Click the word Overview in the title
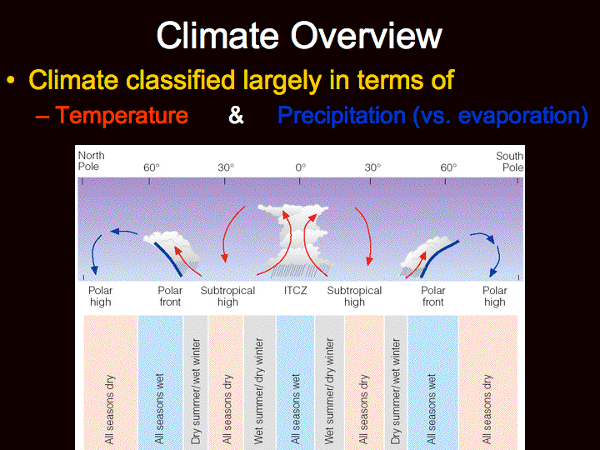click(x=366, y=36)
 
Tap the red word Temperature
click(x=122, y=115)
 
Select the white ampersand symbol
click(x=236, y=115)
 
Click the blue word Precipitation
click(x=342, y=115)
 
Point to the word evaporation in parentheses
click(x=517, y=115)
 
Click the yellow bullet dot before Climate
click(x=11, y=80)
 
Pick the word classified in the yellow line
click(x=181, y=80)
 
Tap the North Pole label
click(x=91, y=161)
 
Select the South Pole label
click(x=510, y=162)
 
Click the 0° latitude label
click(x=300, y=167)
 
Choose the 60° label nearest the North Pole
click(x=152, y=167)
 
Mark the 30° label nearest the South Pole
click(x=372, y=167)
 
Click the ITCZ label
click(x=295, y=291)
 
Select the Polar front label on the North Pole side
click(x=170, y=296)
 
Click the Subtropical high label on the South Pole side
click(x=354, y=296)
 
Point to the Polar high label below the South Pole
click(x=495, y=296)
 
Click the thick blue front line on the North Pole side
click(x=168, y=258)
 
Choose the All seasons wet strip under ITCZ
click(x=295, y=382)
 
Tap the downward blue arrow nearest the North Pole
click(x=94, y=254)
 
